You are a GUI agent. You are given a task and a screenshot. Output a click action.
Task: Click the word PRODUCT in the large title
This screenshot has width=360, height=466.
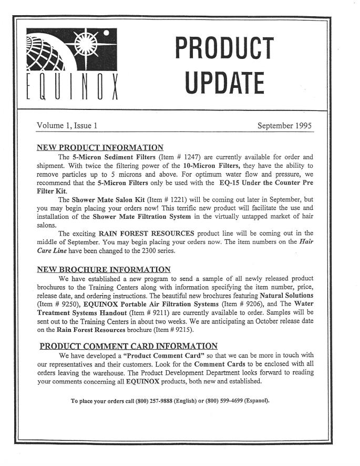pos(224,48)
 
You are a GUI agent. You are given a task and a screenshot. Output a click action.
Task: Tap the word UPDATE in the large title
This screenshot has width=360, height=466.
pos(224,83)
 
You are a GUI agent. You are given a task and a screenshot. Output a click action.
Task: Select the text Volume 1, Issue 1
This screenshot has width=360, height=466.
pos(66,126)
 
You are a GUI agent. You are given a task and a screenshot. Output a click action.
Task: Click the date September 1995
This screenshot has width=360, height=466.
pos(285,126)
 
